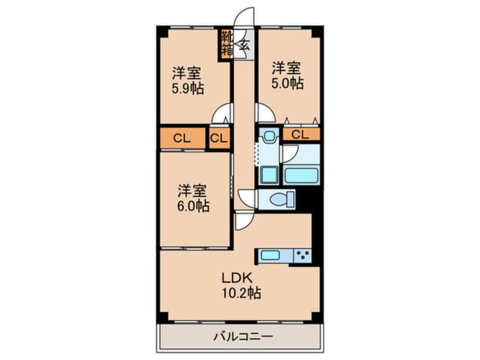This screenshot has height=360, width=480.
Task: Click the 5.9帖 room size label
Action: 188,89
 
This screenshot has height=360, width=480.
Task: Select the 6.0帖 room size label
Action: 193,205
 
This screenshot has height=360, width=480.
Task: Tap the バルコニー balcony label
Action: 242,337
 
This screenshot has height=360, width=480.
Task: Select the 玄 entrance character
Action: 245,45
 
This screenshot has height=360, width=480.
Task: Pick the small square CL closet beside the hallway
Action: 219,138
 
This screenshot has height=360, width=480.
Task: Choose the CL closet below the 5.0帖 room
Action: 301,135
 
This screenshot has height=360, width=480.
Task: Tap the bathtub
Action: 302,175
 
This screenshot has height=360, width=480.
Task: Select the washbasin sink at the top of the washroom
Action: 268,136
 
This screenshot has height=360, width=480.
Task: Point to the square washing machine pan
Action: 268,174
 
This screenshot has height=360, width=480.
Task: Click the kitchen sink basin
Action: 271,256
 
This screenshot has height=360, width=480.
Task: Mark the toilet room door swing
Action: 248,196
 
